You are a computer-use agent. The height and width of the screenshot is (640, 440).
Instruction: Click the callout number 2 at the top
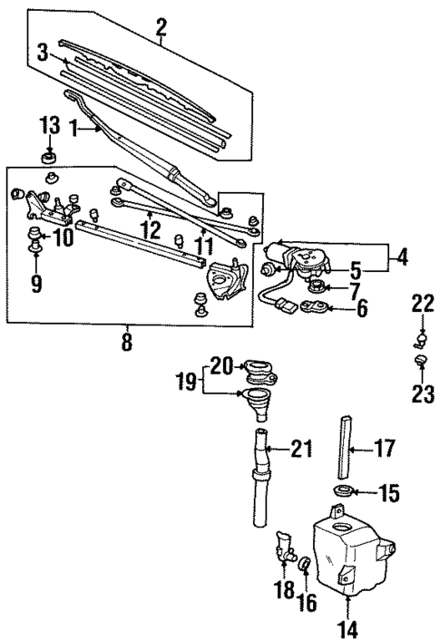tap(161, 29)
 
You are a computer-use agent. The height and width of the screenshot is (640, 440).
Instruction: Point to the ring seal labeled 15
tap(343, 492)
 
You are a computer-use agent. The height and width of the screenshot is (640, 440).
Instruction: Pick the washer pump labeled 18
tap(285, 548)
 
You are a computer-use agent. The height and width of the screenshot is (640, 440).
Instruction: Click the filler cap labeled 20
tap(256, 369)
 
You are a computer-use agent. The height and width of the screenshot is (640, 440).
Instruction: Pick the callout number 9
tap(36, 284)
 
